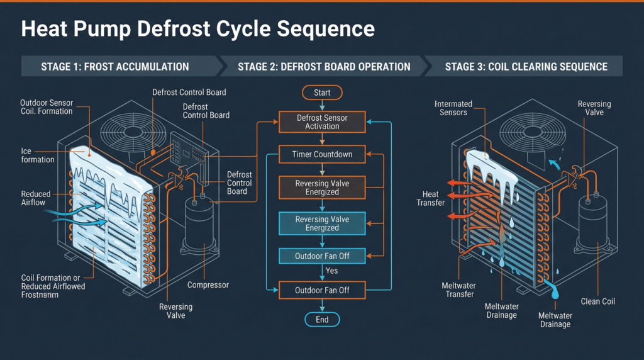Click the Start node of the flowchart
pyautogui.click(x=322, y=93)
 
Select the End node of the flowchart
pyautogui.click(x=322, y=320)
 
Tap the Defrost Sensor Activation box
pyautogui.click(x=322, y=122)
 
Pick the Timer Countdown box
pyautogui.click(x=322, y=154)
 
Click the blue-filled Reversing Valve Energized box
pyautogui.click(x=322, y=223)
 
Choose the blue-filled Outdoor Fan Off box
pyautogui.click(x=322, y=256)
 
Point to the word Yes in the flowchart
pyautogui.click(x=332, y=271)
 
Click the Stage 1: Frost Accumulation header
pyautogui.click(x=115, y=67)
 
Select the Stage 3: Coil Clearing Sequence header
pyautogui.click(x=526, y=67)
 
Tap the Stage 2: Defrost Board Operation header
pyautogui.click(x=324, y=67)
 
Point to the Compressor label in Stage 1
pyautogui.click(x=208, y=285)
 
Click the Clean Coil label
pyautogui.click(x=598, y=301)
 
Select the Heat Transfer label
pyautogui.click(x=430, y=198)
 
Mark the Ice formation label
pyautogui.click(x=37, y=155)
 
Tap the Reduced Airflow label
pyautogui.click(x=36, y=199)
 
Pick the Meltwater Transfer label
pyautogui.click(x=458, y=290)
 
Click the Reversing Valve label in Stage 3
pyautogui.click(x=594, y=108)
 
